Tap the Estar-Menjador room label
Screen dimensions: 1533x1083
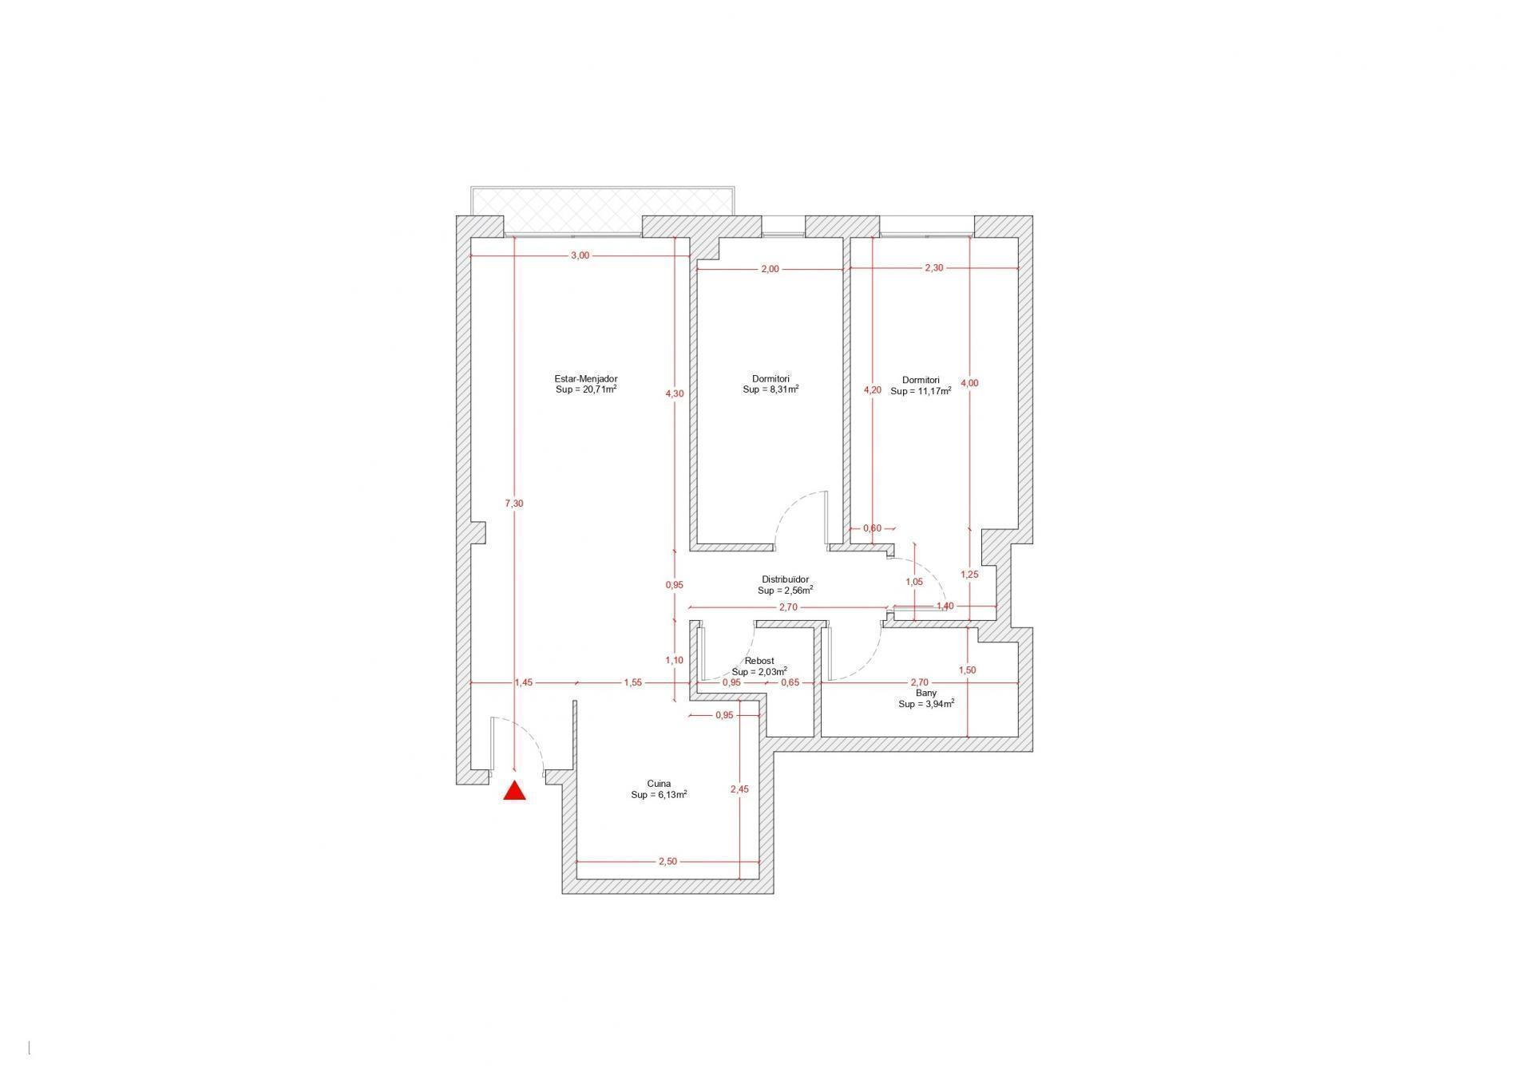pyautogui.click(x=586, y=379)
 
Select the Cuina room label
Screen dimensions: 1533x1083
pyautogui.click(x=659, y=784)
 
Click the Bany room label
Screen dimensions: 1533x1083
pyautogui.click(x=926, y=693)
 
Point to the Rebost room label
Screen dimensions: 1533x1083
pyautogui.click(x=759, y=661)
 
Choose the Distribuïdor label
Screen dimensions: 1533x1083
pyautogui.click(x=786, y=579)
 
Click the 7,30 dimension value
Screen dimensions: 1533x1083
pyautogui.click(x=514, y=504)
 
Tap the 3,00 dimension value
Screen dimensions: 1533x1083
pyautogui.click(x=580, y=255)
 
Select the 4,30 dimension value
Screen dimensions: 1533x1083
pyautogui.click(x=675, y=393)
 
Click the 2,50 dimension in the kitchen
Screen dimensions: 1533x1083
pyautogui.click(x=667, y=861)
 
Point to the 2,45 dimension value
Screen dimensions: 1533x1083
pyautogui.click(x=739, y=789)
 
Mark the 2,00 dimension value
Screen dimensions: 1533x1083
pyautogui.click(x=770, y=269)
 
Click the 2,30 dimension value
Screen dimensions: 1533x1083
pyautogui.click(x=934, y=267)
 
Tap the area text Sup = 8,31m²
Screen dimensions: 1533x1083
pyautogui.click(x=771, y=389)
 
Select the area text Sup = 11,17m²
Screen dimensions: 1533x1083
pyautogui.click(x=921, y=391)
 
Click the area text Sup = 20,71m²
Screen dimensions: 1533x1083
pyautogui.click(x=586, y=389)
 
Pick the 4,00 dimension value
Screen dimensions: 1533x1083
pyautogui.click(x=969, y=383)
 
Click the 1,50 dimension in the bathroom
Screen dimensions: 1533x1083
pyautogui.click(x=968, y=670)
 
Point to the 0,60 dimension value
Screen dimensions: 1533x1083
pyautogui.click(x=873, y=528)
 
